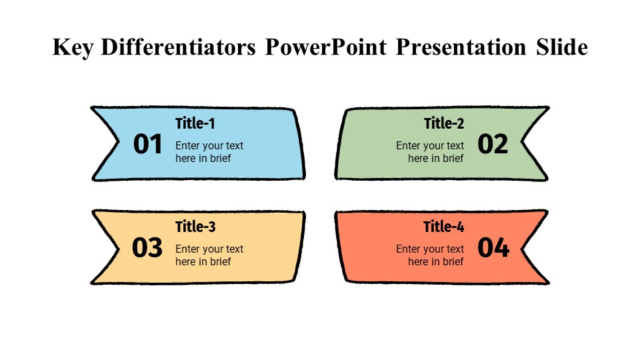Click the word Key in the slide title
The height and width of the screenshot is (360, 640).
(x=73, y=48)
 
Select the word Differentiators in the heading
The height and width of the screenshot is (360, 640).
(x=179, y=47)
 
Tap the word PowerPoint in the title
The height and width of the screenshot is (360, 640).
(x=326, y=47)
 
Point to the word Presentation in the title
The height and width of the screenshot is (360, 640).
(x=461, y=47)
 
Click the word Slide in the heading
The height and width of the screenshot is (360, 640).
(x=562, y=47)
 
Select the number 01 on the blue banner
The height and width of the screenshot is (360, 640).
(x=148, y=144)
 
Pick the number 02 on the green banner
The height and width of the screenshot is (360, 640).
(x=493, y=144)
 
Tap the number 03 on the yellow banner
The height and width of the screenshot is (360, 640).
(x=147, y=247)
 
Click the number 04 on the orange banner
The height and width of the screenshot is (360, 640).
(x=493, y=247)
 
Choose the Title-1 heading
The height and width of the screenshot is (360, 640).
(x=195, y=123)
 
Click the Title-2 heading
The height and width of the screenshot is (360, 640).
(x=444, y=123)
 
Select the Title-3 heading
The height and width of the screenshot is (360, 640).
(x=195, y=227)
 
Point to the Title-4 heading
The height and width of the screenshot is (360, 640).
(x=444, y=227)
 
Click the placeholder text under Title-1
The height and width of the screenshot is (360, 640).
(x=209, y=152)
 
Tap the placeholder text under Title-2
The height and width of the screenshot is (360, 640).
(x=430, y=152)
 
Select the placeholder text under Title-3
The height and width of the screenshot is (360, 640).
(x=209, y=255)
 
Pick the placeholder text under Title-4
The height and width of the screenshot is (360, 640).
(x=430, y=255)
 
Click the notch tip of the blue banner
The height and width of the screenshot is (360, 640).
(x=119, y=142)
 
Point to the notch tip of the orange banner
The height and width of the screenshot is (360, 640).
(x=521, y=247)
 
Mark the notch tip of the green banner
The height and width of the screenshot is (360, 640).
(x=521, y=142)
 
